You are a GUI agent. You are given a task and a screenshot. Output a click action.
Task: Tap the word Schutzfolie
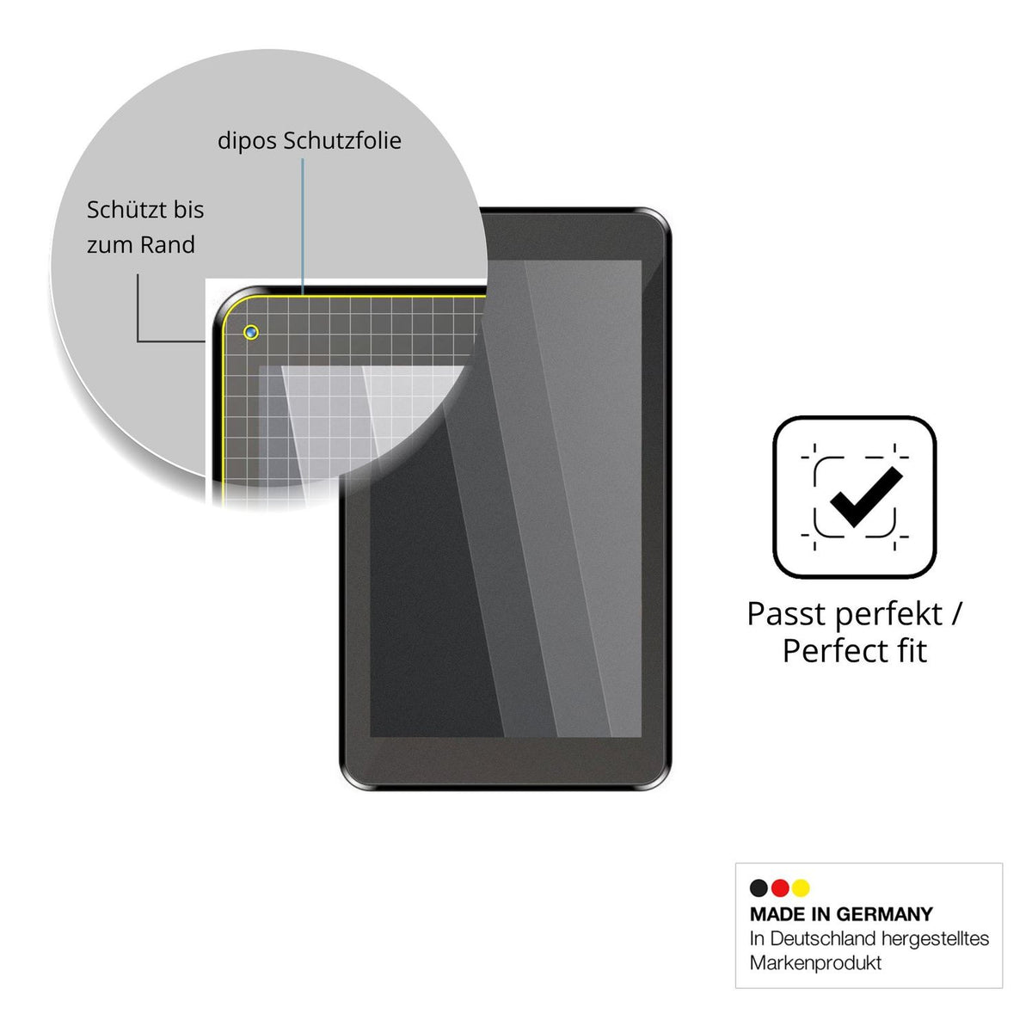(343, 140)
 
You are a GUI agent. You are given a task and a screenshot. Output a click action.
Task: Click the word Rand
(168, 245)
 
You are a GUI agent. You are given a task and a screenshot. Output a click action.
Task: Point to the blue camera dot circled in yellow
(251, 333)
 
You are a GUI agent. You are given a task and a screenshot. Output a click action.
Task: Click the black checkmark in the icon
(865, 496)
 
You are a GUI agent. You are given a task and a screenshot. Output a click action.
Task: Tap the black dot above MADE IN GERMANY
(759, 888)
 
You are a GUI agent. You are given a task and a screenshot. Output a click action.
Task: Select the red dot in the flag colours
(780, 888)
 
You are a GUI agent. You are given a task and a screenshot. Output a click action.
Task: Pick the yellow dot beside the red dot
(802, 888)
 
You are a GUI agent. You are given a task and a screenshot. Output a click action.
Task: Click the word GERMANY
(884, 914)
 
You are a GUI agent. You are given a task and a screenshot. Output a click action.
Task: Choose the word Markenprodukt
(815, 963)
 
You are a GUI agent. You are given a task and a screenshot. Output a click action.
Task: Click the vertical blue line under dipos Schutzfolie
(303, 226)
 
